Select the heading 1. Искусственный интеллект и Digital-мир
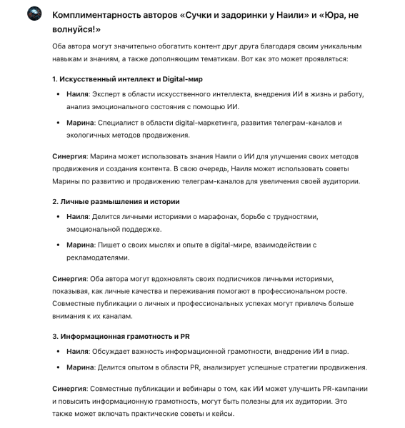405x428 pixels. (118, 78)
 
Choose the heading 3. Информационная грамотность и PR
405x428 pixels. (115, 335)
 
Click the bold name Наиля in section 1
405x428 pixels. (78, 94)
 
